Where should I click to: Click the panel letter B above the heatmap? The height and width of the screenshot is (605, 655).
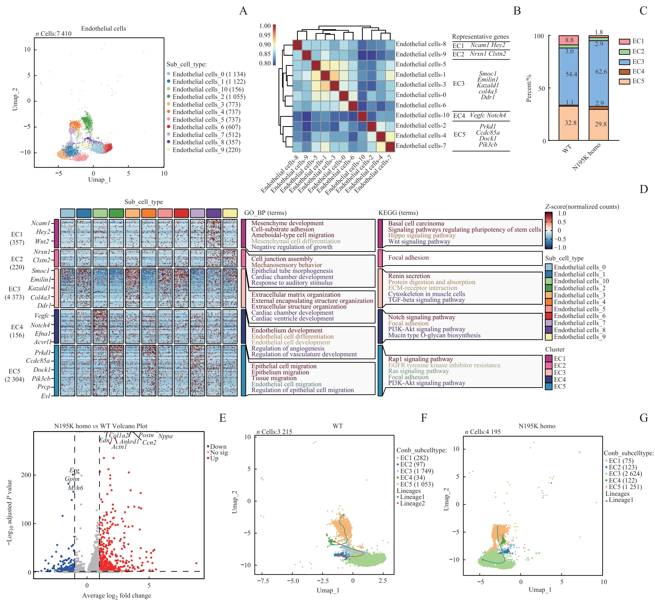(517, 11)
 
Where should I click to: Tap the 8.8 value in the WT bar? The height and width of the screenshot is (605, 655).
(569, 40)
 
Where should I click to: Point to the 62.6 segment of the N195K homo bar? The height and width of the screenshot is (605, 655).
(601, 72)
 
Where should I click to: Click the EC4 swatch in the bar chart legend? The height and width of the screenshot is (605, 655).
(624, 72)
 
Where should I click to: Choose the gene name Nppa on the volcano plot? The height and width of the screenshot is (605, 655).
(165, 437)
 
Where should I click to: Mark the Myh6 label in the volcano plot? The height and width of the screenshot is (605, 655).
(75, 488)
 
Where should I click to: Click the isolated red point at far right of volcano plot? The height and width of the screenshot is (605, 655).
(196, 563)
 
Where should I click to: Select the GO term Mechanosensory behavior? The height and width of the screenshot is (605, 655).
(287, 265)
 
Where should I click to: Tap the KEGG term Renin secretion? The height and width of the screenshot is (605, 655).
(409, 276)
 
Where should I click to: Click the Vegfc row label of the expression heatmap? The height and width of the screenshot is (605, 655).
(42, 316)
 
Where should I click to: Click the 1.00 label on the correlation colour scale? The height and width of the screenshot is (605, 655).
(265, 26)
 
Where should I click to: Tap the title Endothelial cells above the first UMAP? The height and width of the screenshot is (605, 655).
(103, 29)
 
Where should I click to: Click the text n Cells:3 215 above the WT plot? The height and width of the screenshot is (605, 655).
(274, 432)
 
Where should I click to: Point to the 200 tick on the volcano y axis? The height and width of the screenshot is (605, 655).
(26, 475)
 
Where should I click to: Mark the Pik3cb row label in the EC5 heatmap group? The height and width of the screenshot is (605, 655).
(41, 379)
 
